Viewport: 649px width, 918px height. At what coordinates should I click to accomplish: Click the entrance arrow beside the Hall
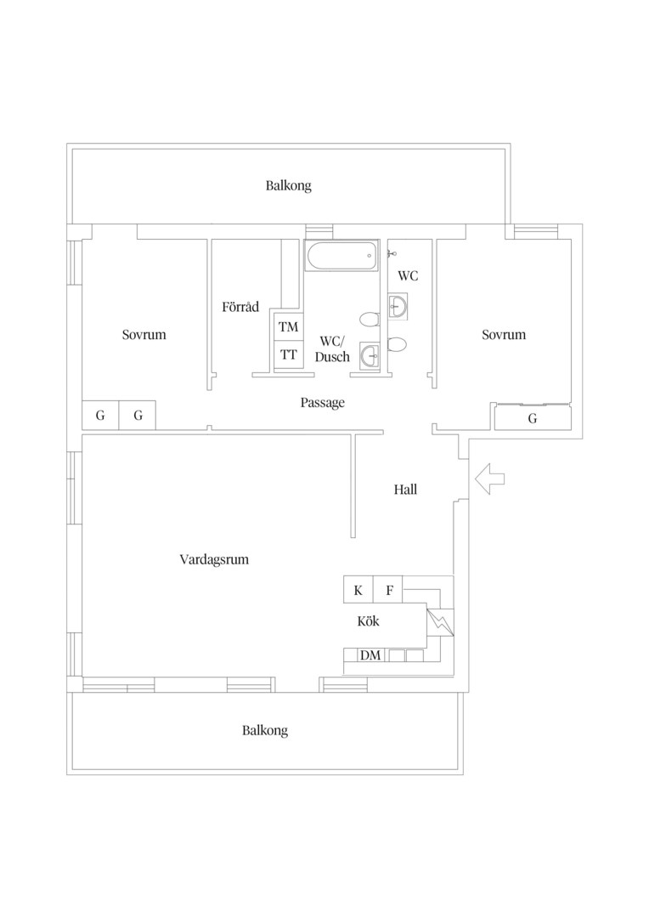[x=489, y=479]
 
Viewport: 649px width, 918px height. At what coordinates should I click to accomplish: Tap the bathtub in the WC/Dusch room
[x=341, y=256]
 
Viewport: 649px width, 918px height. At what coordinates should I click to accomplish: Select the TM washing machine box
[x=289, y=326]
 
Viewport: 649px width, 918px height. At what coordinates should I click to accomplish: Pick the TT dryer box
[x=289, y=354]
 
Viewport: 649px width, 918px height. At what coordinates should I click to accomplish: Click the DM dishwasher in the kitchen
[x=370, y=655]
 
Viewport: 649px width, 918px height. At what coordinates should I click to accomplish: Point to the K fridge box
[x=358, y=590]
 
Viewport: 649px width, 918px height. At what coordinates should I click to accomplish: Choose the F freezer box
[x=389, y=590]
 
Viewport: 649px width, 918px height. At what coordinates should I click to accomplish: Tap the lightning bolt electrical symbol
[x=441, y=622]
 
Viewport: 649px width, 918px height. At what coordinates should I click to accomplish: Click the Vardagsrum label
[x=214, y=559]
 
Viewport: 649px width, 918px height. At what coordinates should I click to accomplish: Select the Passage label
[x=323, y=403]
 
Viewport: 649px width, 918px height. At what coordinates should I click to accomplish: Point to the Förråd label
[x=240, y=306]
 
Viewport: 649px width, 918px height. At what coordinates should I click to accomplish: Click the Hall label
[x=405, y=490]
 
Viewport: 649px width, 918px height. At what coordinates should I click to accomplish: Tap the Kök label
[x=368, y=621]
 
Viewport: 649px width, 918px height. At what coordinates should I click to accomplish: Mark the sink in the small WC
[x=398, y=306]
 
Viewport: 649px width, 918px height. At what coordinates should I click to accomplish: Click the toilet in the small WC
[x=398, y=345]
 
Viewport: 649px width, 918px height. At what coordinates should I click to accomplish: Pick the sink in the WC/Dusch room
[x=370, y=354]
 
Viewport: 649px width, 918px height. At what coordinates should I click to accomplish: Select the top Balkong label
[x=289, y=186]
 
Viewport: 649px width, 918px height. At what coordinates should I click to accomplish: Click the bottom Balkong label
[x=265, y=731]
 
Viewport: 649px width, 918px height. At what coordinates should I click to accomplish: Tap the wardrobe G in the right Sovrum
[x=533, y=418]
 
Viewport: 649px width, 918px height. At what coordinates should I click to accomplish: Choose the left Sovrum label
[x=144, y=334]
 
